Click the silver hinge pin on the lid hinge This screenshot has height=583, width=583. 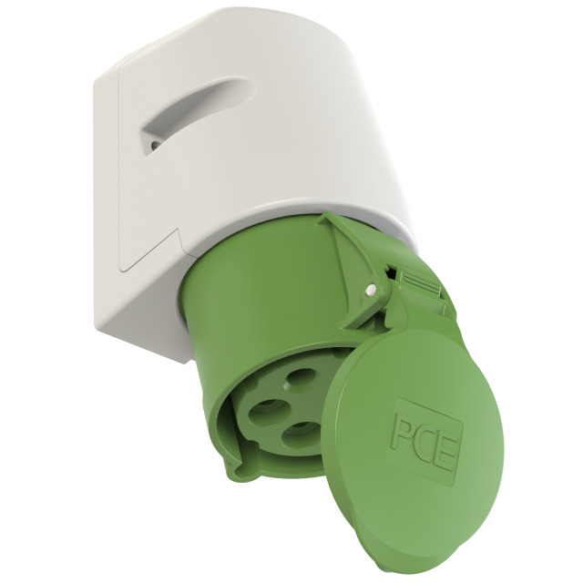[x=370, y=289]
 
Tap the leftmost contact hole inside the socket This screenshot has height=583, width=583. [x=270, y=412]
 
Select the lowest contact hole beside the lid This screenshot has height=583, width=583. [x=301, y=433]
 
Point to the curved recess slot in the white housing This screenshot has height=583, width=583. [x=193, y=111]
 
